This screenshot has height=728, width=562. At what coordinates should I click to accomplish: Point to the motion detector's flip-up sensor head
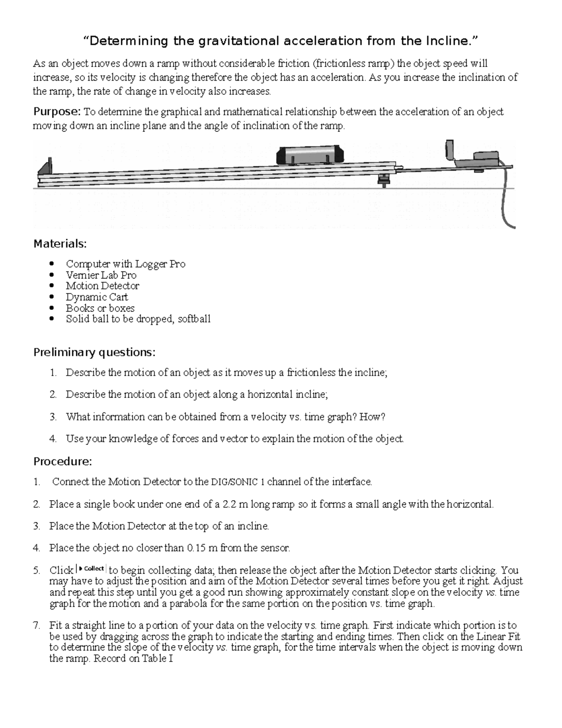450,150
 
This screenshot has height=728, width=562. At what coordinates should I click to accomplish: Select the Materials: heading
60,244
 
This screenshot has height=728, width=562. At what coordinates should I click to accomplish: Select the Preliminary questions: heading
94,352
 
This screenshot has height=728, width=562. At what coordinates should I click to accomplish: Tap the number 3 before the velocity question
53,417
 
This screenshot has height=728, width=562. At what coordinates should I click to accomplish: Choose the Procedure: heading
63,461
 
